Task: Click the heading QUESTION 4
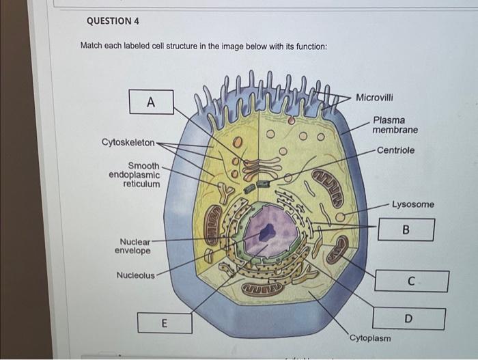pyautogui.click(x=113, y=20)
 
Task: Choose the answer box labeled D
pyautogui.click(x=408, y=318)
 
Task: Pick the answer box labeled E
pyautogui.click(x=164, y=322)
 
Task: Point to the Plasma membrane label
pyautogui.click(x=395, y=125)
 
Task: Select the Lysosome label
pyautogui.click(x=412, y=204)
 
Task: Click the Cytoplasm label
pyautogui.click(x=370, y=338)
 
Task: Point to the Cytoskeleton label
pyautogui.click(x=128, y=142)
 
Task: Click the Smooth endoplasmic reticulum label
pyautogui.click(x=135, y=175)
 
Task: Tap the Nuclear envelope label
pyautogui.click(x=132, y=246)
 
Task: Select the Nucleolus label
pyautogui.click(x=135, y=275)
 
